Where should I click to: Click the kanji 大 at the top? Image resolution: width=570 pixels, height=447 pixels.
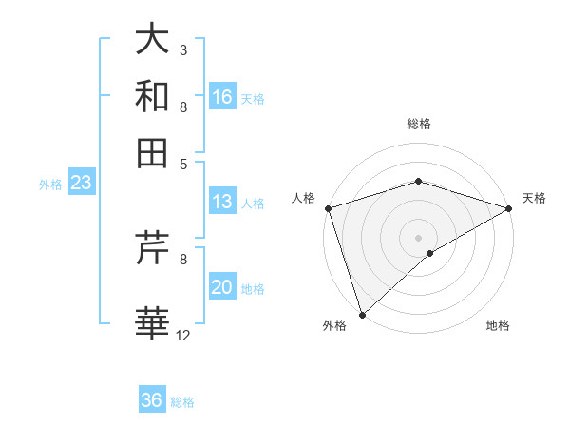[x=153, y=40]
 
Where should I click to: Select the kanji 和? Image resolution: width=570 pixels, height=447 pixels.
[x=153, y=97]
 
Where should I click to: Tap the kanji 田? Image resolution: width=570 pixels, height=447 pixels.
[x=153, y=153]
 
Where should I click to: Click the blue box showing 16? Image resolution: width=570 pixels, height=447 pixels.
[x=222, y=97]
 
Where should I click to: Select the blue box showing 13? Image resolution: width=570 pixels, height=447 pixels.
[x=222, y=202]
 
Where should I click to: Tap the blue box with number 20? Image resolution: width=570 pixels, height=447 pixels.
[x=222, y=288]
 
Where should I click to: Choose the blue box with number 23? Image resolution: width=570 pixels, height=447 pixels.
[x=81, y=183]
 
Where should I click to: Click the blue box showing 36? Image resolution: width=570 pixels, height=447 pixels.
[x=152, y=400]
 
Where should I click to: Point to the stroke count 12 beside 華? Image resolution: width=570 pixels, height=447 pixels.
[x=182, y=335]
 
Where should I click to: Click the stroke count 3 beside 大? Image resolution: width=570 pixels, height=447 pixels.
[x=183, y=49]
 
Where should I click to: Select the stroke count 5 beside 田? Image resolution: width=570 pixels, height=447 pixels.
[x=183, y=164]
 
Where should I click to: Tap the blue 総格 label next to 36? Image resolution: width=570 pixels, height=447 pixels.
[x=182, y=402]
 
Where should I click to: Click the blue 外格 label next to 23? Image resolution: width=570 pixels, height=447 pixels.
[x=49, y=185]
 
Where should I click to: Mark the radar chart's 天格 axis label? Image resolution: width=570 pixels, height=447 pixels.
[x=534, y=198]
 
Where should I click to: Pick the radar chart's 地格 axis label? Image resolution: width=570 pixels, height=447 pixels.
[x=498, y=325]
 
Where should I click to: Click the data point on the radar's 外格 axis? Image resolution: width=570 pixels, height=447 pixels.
[x=362, y=314]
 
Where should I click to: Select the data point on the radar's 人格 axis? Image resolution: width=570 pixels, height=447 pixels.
[x=328, y=208]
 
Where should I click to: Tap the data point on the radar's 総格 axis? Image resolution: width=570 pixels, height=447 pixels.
[x=418, y=182]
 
